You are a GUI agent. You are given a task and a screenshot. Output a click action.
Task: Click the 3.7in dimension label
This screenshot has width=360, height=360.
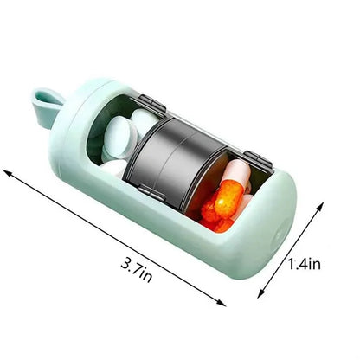tap(136, 270)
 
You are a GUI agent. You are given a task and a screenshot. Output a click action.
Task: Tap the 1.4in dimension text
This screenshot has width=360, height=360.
tap(305, 264)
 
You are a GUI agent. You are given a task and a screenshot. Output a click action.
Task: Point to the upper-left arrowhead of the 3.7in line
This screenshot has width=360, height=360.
tap(7, 172)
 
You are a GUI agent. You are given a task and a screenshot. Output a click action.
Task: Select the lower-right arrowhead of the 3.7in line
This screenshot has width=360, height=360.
tap(222, 303)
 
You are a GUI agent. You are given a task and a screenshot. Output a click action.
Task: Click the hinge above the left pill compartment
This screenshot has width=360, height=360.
tap(152, 103)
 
